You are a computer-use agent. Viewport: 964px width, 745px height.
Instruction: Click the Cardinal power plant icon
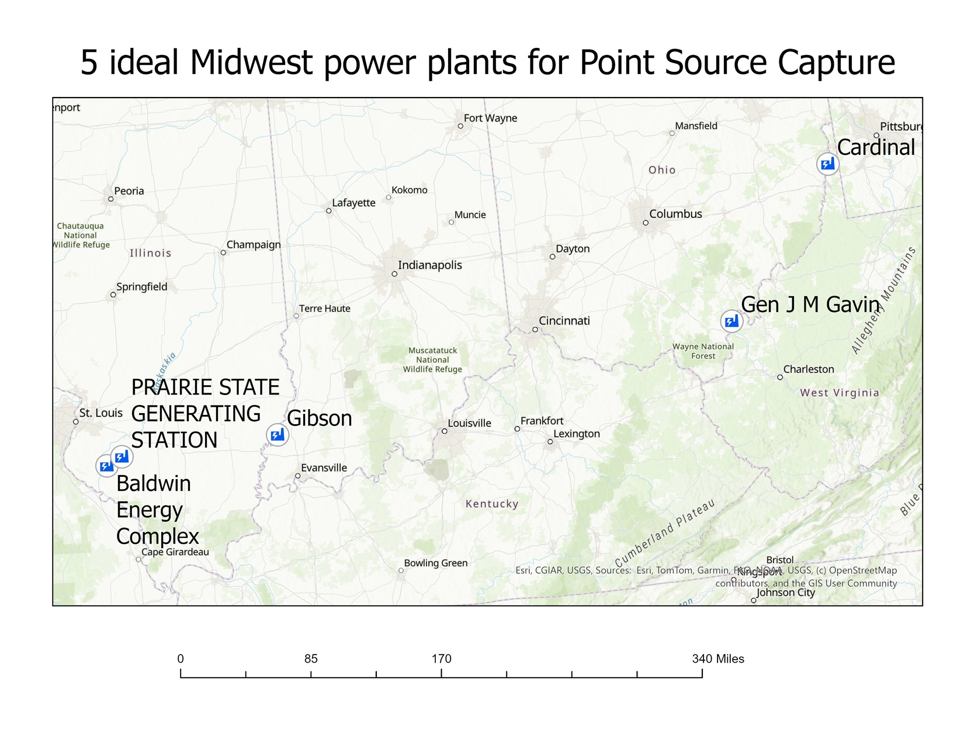[x=827, y=164]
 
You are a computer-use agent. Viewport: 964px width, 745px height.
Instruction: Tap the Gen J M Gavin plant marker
[x=731, y=321]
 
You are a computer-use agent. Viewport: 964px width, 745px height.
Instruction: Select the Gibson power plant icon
[x=278, y=434]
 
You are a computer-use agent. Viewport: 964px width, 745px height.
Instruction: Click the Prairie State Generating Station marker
[x=122, y=456]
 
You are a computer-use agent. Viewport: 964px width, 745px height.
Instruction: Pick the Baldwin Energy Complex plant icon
[x=106, y=466]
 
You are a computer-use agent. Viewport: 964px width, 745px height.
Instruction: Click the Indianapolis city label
[x=429, y=265]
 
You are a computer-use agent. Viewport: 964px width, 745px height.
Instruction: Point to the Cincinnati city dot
[x=535, y=330]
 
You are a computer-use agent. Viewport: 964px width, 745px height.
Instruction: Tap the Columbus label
[x=675, y=214]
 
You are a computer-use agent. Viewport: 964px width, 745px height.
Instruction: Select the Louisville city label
[x=469, y=423]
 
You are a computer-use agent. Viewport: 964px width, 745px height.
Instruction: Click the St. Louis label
[x=100, y=413]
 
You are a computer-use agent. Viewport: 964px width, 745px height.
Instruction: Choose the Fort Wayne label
[x=490, y=118]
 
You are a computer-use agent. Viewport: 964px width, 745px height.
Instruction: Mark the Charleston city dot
[x=780, y=377]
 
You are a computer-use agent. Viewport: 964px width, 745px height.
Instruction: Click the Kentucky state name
[x=492, y=504]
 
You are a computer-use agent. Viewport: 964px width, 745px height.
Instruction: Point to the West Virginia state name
[x=840, y=393]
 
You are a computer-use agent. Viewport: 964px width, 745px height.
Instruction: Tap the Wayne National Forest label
[x=703, y=351]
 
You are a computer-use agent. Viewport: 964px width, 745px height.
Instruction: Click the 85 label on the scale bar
[x=311, y=659]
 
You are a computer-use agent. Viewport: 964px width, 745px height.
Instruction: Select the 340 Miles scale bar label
[x=718, y=659]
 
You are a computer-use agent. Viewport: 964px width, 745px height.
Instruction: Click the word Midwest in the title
[x=251, y=62]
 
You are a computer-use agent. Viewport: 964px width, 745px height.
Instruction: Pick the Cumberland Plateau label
[x=665, y=533]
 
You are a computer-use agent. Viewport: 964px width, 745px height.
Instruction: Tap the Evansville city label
[x=324, y=468]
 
